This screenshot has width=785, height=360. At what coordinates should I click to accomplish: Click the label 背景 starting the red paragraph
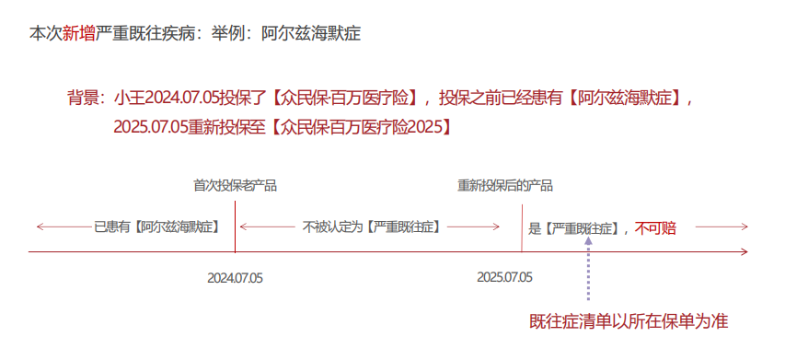pyautogui.click(x=83, y=97)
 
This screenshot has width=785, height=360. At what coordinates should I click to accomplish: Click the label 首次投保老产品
pyautogui.click(x=235, y=185)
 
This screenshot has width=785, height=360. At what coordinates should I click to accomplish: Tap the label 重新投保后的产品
pyautogui.click(x=505, y=185)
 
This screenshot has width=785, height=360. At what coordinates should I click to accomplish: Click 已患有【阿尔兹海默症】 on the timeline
pyautogui.click(x=156, y=226)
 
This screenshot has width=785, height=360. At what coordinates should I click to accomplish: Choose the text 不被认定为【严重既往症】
pyautogui.click(x=371, y=226)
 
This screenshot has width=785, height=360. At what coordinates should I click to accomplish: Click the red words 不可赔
pyautogui.click(x=655, y=227)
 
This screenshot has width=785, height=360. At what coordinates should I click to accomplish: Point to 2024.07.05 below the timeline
pyautogui.click(x=235, y=276)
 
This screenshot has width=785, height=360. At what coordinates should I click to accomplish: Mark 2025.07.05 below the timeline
pyautogui.click(x=504, y=276)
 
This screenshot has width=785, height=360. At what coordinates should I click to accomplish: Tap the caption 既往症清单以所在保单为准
pyautogui.click(x=629, y=321)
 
